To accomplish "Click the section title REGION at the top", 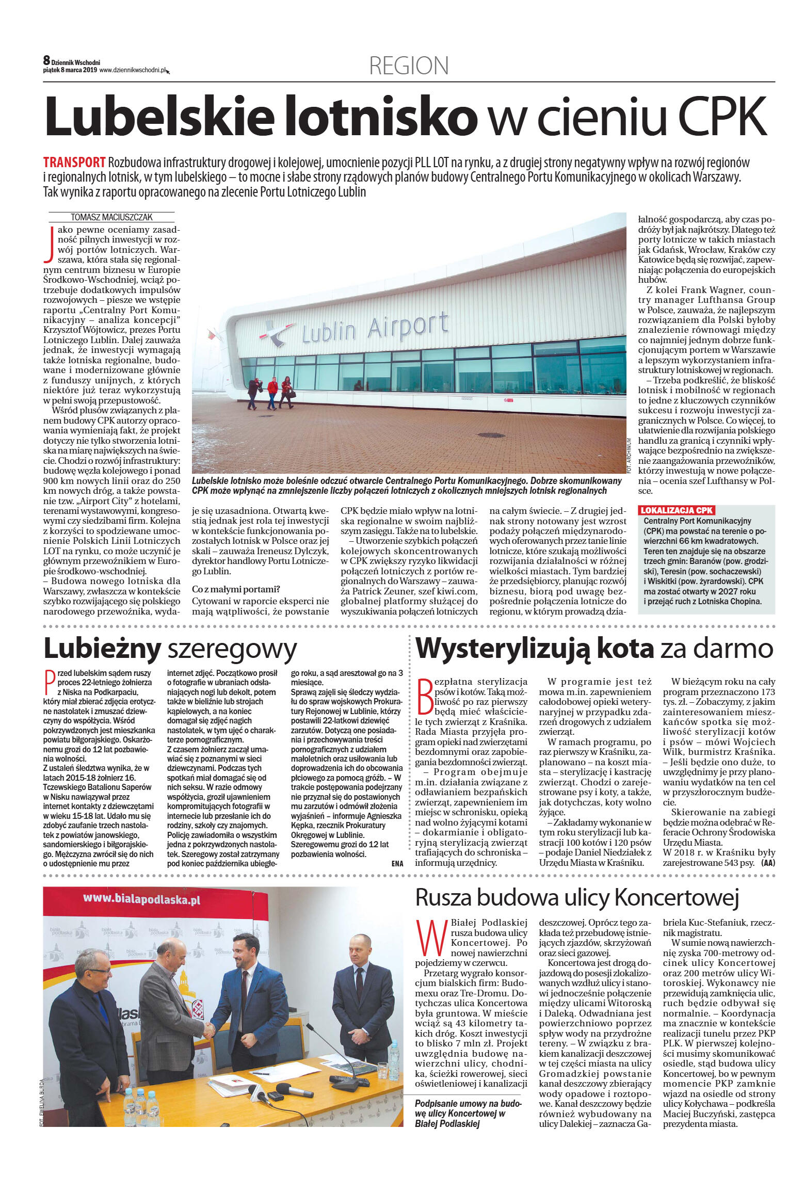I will pos(409,66).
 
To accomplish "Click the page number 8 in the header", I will pos(46,61).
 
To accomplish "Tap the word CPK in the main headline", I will pos(722,116).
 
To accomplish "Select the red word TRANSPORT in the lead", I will pos(74,163).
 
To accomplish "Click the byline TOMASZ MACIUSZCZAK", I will pos(111,217).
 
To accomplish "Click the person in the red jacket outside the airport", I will pos(272,392).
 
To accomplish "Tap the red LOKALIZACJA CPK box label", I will pos(677,510).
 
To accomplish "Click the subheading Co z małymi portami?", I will pos(235,589).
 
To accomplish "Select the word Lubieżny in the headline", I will pos(102,649).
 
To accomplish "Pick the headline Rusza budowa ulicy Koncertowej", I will pos(577,897).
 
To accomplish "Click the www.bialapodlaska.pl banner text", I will pos(141,899).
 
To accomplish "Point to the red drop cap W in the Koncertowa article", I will pos(431,937).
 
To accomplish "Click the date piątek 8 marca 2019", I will pos(70,70).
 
